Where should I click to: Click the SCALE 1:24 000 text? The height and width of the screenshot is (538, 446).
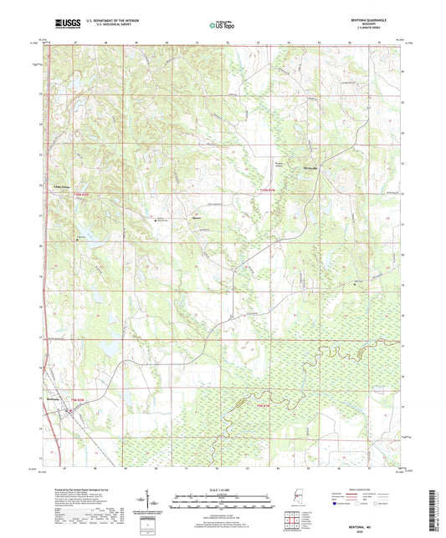221,489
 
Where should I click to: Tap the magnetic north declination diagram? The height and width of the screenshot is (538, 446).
156,504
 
